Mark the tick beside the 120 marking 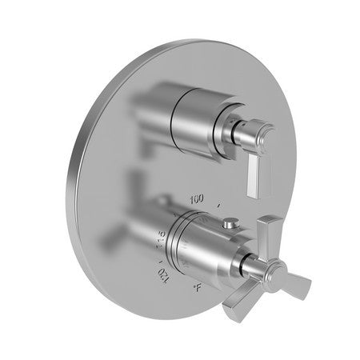[x=161, y=262]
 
